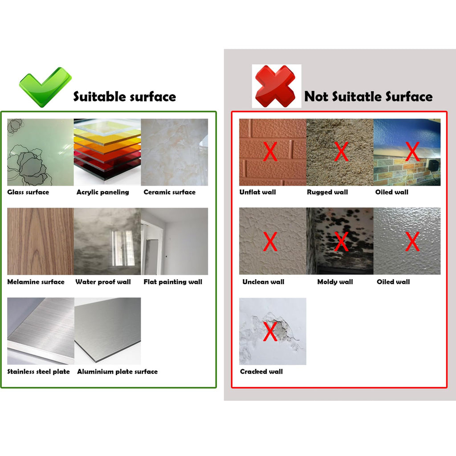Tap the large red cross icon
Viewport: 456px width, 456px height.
[275, 86]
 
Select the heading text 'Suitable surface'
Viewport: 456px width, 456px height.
[125, 97]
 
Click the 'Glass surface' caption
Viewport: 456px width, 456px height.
[28, 192]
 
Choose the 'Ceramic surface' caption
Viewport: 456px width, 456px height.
[170, 192]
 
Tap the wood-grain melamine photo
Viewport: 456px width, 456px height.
[41, 241]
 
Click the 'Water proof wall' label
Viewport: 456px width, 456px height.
[103, 282]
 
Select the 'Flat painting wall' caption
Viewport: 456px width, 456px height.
[173, 282]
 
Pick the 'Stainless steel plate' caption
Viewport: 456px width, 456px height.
[38, 371]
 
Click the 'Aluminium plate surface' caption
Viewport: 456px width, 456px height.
[117, 371]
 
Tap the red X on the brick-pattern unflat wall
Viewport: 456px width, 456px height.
[270, 151]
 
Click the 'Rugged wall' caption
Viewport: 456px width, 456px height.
[327, 192]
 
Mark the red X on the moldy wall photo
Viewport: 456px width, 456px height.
[341, 241]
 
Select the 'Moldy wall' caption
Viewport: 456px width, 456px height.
[335, 282]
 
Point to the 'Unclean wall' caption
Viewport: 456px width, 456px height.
[263, 282]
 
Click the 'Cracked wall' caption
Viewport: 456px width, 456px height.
[261, 371]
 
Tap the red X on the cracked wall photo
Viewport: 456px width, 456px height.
[270, 331]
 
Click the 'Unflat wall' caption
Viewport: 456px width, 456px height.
[258, 192]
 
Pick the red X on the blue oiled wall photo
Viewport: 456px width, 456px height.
[412, 151]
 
